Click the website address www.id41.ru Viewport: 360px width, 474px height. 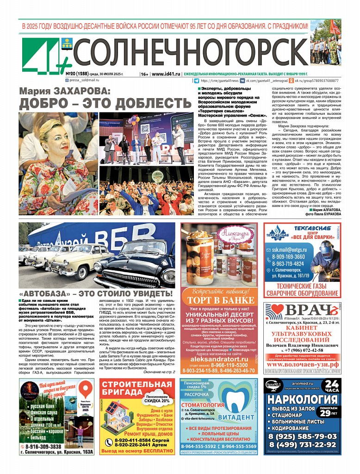[x=166, y=74]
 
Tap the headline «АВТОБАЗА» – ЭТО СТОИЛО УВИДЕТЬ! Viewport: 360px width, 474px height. [x=96, y=293]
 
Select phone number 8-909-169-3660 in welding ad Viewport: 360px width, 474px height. [x=288, y=256]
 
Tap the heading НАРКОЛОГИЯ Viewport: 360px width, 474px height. [x=302, y=399]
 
